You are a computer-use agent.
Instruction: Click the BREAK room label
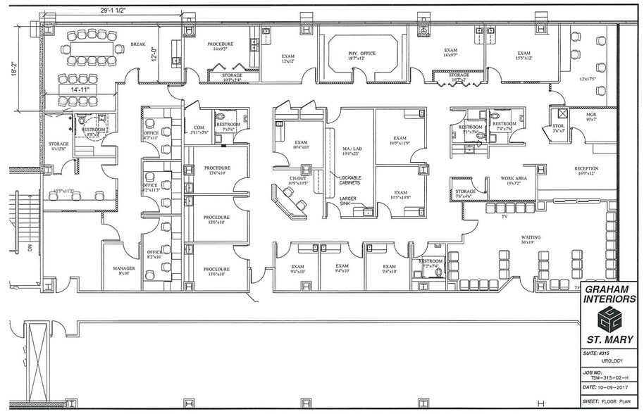pyautogui.click(x=138, y=44)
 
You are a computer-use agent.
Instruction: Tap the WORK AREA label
pyautogui.click(x=512, y=180)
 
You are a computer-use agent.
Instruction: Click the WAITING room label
pyautogui.click(x=530, y=238)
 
